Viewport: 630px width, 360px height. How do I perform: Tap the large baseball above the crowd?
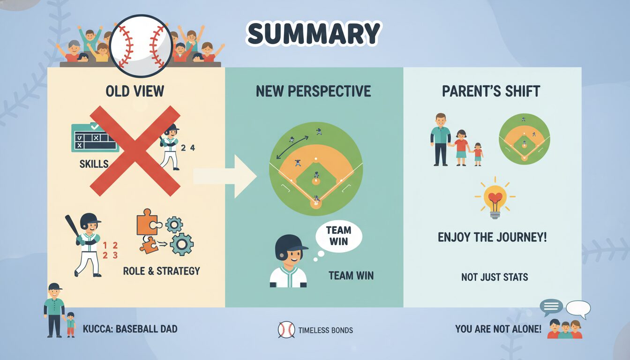pos(141,46)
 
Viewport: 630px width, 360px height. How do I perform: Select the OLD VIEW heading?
pos(135,91)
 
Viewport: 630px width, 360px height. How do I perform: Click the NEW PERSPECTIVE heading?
pos(313,91)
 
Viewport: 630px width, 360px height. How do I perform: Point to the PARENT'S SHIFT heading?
pos(491,91)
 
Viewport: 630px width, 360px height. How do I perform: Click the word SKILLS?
pos(94,164)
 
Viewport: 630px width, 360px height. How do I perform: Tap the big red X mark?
pos(135,151)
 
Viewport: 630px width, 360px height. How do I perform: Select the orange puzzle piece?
pos(148,222)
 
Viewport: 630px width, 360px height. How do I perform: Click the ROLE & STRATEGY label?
pos(161,271)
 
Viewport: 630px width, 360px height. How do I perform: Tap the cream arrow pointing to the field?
pos(225,176)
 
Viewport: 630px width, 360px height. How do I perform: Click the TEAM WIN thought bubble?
pos(338,236)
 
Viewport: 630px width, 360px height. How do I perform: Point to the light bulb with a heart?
pos(495,198)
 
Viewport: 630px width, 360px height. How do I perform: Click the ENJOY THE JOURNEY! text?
pos(492,237)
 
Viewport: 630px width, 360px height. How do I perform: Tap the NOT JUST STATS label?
pos(495,277)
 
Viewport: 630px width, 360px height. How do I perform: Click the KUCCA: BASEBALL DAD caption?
pos(130,329)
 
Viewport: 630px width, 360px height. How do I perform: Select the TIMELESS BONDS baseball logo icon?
pos(286,330)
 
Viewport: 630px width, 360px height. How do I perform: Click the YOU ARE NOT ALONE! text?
pos(498,329)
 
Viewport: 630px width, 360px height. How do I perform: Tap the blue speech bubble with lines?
pos(551,307)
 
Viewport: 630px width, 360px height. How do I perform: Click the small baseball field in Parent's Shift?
pos(524,139)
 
